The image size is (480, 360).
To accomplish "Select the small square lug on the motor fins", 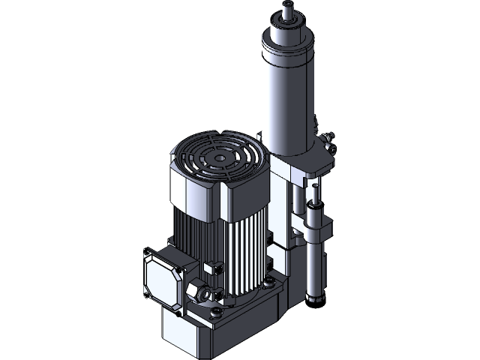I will tap(211, 266).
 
